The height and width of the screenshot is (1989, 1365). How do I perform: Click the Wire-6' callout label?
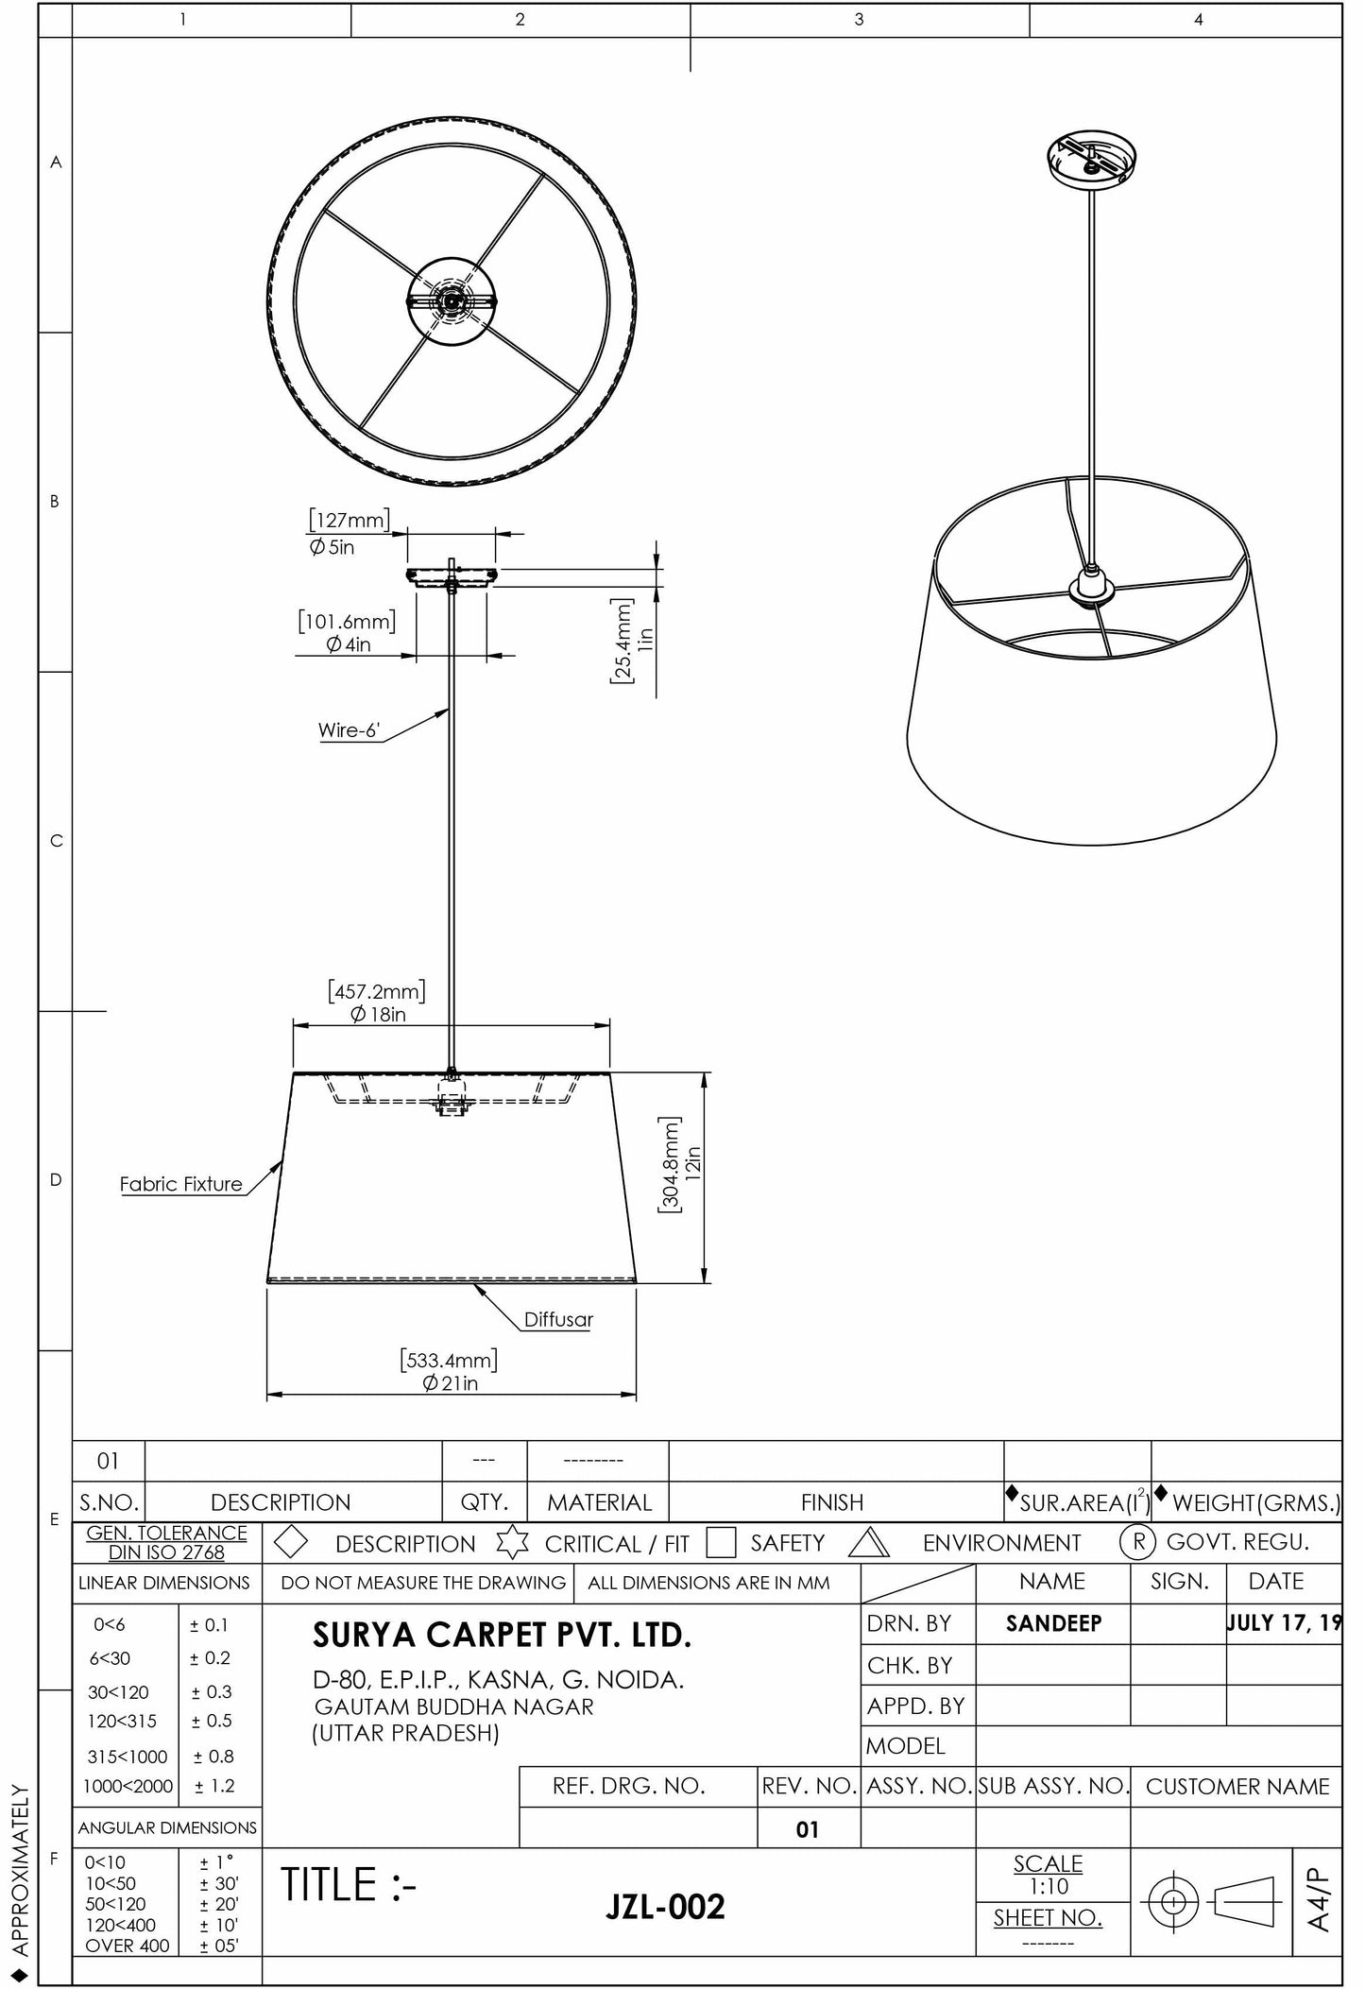(x=348, y=729)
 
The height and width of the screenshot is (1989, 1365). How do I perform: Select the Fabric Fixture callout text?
(x=180, y=1184)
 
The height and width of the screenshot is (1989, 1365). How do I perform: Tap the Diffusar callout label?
(x=558, y=1319)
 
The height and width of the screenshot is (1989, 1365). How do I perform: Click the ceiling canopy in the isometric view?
(x=1092, y=159)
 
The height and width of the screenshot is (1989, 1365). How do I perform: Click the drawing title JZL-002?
(x=665, y=1907)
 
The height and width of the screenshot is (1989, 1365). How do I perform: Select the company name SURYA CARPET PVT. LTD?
(x=502, y=1636)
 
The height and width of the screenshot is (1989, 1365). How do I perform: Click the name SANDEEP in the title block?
(x=1053, y=1623)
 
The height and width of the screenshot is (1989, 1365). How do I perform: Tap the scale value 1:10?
(x=1048, y=1886)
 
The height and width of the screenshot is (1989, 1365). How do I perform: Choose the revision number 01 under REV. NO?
(x=807, y=1829)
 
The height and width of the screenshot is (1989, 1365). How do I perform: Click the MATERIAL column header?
(x=599, y=1502)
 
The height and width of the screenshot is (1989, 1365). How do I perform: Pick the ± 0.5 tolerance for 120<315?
(x=212, y=1721)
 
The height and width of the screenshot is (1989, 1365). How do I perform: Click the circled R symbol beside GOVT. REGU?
(x=1138, y=1542)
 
